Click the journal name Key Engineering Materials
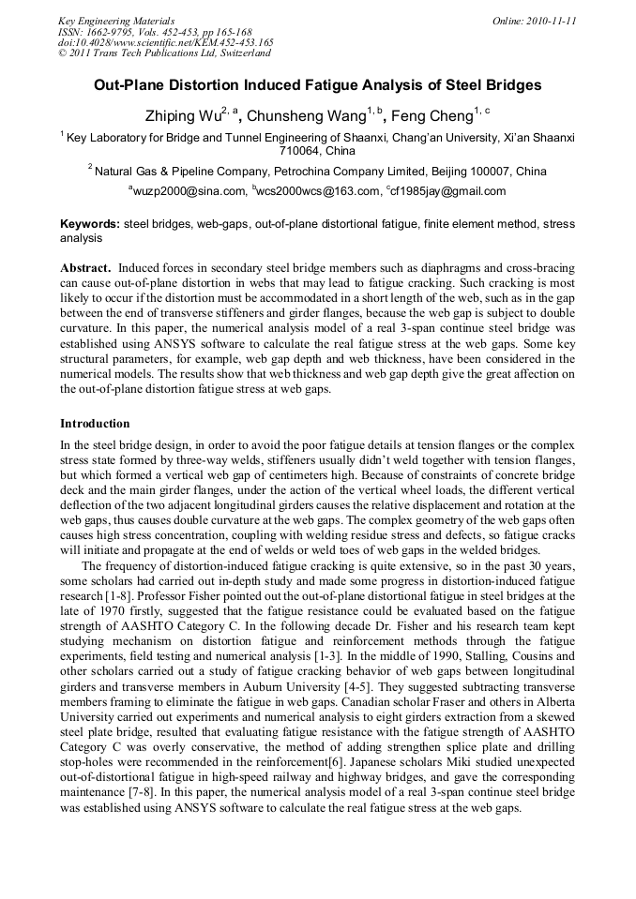click(115, 21)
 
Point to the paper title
click(317, 85)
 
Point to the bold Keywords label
click(89, 225)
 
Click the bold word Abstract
click(86, 267)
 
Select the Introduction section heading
click(95, 424)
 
